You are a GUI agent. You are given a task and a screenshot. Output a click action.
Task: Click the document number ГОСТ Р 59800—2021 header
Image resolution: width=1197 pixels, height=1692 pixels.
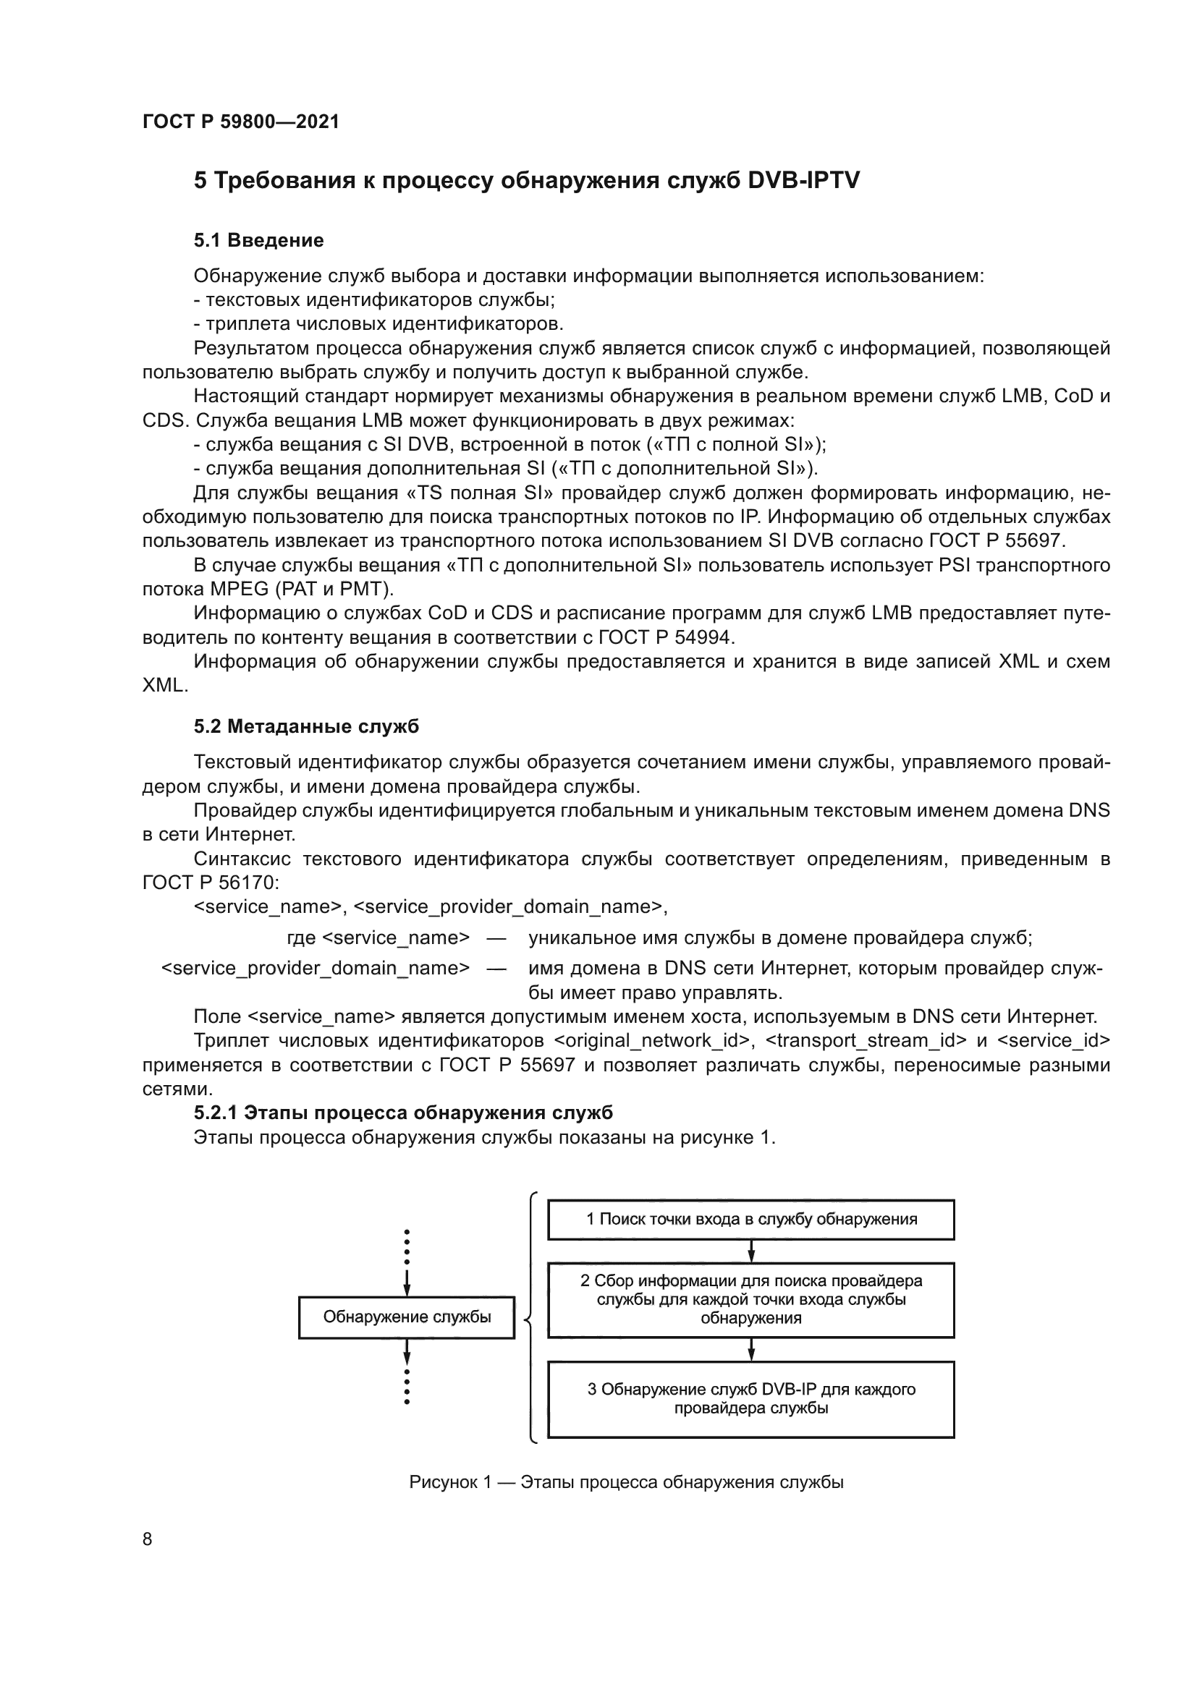(240, 122)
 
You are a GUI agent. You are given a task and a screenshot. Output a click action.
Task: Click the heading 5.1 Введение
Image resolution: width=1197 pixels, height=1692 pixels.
(258, 240)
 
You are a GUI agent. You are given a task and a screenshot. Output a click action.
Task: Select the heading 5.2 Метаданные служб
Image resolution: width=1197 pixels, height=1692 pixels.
(306, 726)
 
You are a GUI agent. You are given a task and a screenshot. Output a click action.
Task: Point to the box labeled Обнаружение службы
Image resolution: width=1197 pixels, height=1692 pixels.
(406, 1317)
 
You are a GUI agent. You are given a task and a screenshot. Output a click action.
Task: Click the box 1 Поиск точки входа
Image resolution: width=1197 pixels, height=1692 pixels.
(750, 1220)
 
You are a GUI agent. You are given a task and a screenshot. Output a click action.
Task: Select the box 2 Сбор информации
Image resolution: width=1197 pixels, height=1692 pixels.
(750, 1300)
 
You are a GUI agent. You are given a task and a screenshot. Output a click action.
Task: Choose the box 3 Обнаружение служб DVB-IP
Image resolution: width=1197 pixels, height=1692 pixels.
(750, 1400)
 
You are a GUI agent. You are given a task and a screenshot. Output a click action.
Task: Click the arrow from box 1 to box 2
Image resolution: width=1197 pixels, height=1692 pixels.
(751, 1251)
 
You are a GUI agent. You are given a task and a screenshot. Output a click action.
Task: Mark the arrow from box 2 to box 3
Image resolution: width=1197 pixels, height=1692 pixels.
(751, 1349)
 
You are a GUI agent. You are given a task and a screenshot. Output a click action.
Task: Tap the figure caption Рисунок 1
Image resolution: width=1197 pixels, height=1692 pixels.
(626, 1483)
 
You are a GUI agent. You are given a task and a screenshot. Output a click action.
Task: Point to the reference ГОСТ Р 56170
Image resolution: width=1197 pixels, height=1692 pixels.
(210, 883)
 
